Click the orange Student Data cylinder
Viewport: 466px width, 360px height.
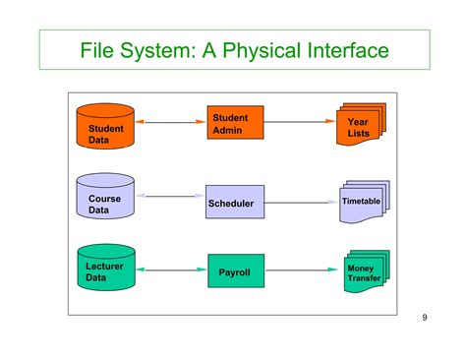(105, 125)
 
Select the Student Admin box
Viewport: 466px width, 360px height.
(235, 124)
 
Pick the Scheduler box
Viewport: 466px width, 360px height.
(235, 203)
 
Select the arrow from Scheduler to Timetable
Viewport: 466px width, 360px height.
(299, 202)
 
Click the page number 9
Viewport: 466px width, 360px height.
(424, 317)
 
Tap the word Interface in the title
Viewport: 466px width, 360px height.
(345, 49)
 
